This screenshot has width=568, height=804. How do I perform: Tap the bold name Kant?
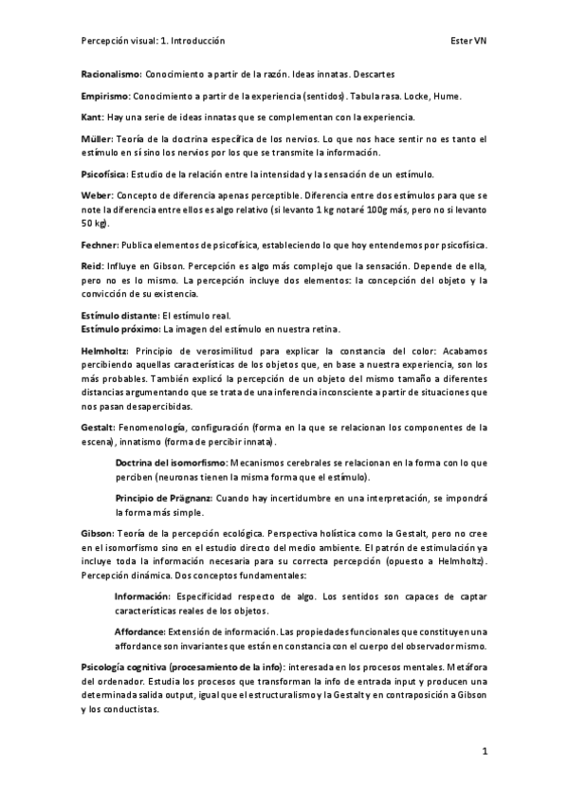(x=91, y=117)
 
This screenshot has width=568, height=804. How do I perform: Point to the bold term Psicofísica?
(x=104, y=174)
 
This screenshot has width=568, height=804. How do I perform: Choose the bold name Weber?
(x=97, y=196)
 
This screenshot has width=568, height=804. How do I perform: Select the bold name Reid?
(x=92, y=266)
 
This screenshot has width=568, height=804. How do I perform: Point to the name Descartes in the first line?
(x=373, y=73)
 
